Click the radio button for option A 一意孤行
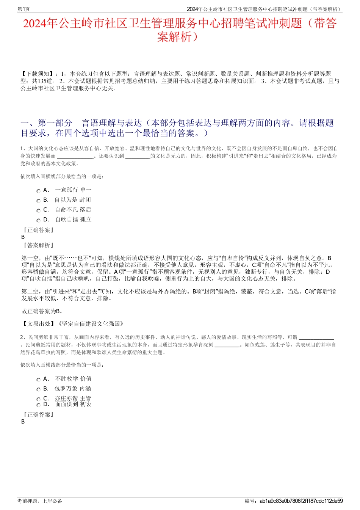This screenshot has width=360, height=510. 38,191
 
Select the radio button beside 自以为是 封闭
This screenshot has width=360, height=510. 38,201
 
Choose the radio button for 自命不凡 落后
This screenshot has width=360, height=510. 38,210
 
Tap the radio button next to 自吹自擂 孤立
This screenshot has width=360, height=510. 38,220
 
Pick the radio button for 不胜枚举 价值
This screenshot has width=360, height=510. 38,380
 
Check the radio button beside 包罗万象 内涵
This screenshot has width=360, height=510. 38,389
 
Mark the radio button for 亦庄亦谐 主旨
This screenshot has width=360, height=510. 38,399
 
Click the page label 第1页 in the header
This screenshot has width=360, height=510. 23,9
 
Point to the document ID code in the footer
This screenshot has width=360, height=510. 301,501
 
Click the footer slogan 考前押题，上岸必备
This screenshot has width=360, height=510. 40,501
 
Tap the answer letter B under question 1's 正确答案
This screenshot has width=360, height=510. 23,237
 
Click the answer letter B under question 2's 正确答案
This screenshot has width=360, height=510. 23,422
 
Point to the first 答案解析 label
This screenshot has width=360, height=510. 38,245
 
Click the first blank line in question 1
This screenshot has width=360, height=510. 75,156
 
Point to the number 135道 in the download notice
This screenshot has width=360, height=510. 45,81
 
